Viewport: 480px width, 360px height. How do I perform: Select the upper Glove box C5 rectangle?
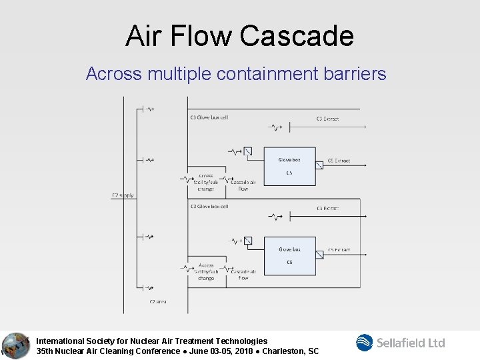(x=289, y=166)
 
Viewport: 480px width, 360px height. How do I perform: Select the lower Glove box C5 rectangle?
(x=289, y=255)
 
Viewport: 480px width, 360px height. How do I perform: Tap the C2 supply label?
(x=123, y=195)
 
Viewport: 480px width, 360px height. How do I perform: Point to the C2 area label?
(x=158, y=301)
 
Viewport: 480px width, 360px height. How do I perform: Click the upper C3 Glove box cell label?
(x=209, y=117)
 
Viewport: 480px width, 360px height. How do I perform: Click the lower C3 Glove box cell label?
(x=209, y=207)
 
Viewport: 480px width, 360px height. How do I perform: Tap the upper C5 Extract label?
(x=339, y=161)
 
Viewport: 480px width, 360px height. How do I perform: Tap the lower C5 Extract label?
(x=339, y=250)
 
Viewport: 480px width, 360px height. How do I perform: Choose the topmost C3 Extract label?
(x=327, y=119)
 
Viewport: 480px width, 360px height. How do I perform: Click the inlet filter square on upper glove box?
(x=248, y=151)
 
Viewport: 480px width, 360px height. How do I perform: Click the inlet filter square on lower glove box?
(x=248, y=241)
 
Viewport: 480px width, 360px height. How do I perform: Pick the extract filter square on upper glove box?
(x=319, y=165)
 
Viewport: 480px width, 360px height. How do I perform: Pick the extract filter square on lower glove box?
(x=319, y=254)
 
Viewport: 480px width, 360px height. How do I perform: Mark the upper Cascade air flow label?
(x=243, y=185)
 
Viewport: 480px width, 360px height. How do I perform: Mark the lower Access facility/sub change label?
(x=206, y=271)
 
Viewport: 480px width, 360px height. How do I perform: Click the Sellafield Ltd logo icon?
(x=365, y=343)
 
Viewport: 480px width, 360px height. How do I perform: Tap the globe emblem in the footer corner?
(x=15, y=345)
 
